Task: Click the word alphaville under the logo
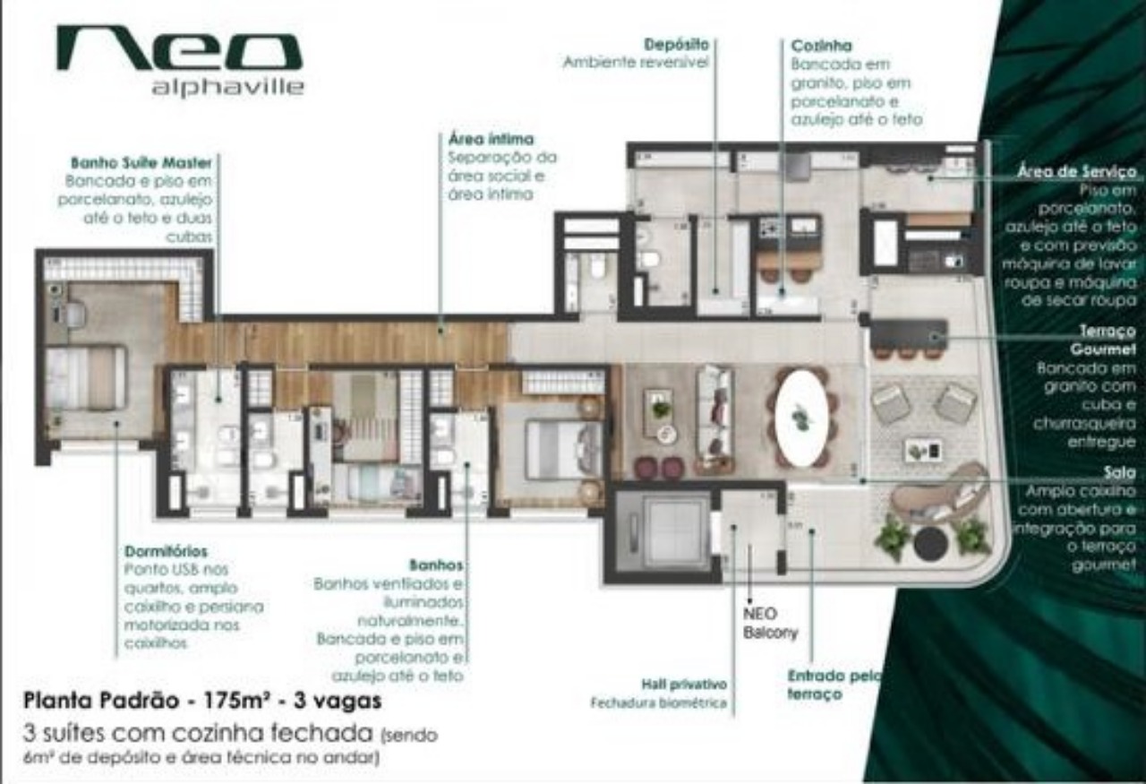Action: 227,88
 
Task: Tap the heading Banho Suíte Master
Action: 141,163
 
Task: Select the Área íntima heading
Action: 490,139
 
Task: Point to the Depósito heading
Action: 676,43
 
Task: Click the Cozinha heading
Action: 821,45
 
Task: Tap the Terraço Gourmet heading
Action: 1103,340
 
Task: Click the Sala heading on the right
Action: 1120,472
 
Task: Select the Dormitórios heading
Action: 166,551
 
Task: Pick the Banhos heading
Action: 436,565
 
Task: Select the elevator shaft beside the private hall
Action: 664,531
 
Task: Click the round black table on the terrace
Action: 930,543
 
